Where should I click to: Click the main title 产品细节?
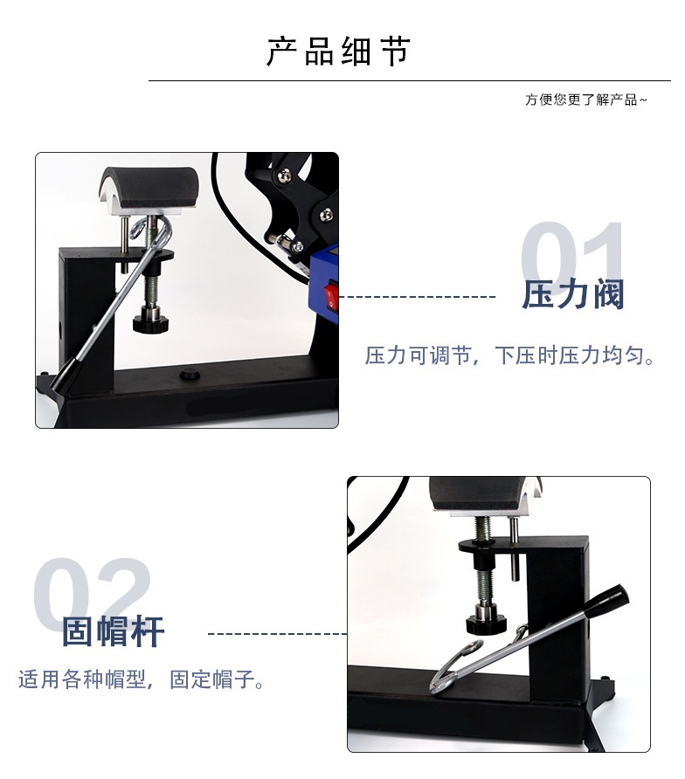(x=337, y=52)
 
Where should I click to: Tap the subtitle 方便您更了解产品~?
(x=585, y=100)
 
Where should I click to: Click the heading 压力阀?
(x=573, y=295)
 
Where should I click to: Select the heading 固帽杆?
(x=114, y=631)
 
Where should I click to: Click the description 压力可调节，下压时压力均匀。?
(x=510, y=356)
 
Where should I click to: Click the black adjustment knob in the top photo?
(x=150, y=322)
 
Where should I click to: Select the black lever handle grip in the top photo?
(x=63, y=377)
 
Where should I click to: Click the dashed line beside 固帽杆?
(x=277, y=632)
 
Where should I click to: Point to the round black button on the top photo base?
(x=187, y=376)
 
